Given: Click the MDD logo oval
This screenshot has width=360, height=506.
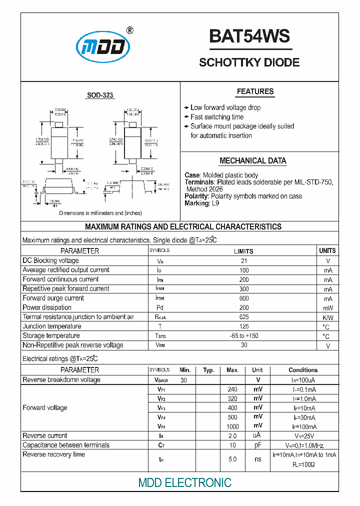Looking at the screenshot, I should [103, 48].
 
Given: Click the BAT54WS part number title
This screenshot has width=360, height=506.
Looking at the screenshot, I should [249, 36].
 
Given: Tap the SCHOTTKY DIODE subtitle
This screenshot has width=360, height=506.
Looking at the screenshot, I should [249, 62].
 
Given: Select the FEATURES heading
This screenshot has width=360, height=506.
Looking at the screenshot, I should [255, 91].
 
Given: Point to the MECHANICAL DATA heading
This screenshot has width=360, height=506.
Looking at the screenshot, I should [253, 161].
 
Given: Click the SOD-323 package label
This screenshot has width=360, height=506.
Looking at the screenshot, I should [100, 95].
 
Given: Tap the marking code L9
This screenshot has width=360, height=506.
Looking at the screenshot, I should [215, 203].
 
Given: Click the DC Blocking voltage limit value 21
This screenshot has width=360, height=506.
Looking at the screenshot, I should [243, 261].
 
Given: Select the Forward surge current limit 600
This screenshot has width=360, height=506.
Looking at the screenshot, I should [243, 298].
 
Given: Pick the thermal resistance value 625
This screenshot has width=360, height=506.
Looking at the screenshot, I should [243, 317].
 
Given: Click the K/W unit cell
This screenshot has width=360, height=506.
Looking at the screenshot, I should [328, 317].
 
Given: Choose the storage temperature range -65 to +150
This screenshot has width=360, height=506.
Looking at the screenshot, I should [243, 336].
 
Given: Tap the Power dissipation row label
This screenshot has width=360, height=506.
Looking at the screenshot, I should [47, 307].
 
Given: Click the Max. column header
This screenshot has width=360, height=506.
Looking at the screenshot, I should [232, 370].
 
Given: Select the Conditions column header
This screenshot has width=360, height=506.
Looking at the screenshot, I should [303, 370].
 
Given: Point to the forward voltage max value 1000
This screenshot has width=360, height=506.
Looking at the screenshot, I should [232, 426].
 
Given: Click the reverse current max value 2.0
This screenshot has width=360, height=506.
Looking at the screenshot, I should [232, 436].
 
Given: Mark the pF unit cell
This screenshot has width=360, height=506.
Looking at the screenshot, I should [257, 445].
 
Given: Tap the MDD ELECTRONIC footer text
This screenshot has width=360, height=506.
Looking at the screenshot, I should [184, 482].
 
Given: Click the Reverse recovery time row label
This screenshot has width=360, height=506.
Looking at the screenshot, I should [53, 454].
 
